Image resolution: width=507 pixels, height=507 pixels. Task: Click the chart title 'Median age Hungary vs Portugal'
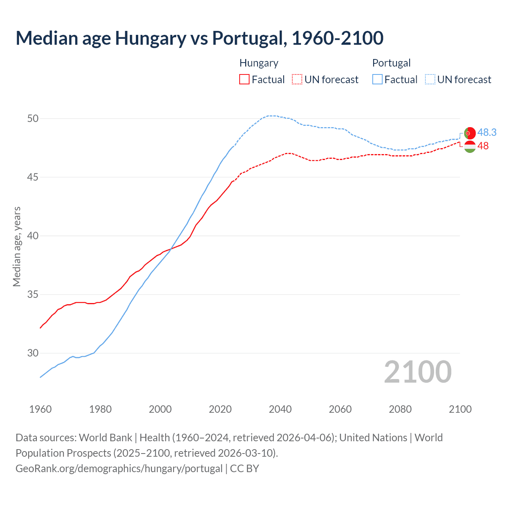point(199,38)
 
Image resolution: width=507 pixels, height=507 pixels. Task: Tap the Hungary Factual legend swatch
point(244,80)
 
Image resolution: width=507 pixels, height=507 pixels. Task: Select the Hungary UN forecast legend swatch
point(297,80)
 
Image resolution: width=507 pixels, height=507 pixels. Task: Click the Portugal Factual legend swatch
point(377,80)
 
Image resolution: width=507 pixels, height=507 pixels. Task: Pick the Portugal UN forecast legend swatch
point(430,80)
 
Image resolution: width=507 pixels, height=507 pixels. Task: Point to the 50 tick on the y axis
point(33,118)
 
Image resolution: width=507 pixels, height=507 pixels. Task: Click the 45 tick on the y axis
point(33,177)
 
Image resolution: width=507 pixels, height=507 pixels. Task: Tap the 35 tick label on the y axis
point(33,294)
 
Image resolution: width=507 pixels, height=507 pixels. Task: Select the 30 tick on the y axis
point(33,353)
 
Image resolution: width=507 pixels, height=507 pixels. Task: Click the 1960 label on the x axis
point(40,409)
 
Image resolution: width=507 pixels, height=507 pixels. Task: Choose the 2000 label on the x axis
point(160,409)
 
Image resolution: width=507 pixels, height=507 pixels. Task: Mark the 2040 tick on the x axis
point(280,409)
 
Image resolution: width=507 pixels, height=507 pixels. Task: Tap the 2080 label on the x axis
point(400,409)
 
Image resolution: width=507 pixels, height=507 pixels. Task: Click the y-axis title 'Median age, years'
point(17,246)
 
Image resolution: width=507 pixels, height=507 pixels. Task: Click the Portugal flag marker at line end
point(469,133)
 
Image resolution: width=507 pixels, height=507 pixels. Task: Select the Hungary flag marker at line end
point(469,147)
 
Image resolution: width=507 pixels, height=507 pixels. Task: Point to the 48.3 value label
point(487,132)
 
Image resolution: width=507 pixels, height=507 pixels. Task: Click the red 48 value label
point(483,146)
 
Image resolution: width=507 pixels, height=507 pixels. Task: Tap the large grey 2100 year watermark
point(418,372)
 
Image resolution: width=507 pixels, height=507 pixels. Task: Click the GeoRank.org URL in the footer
point(119,469)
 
